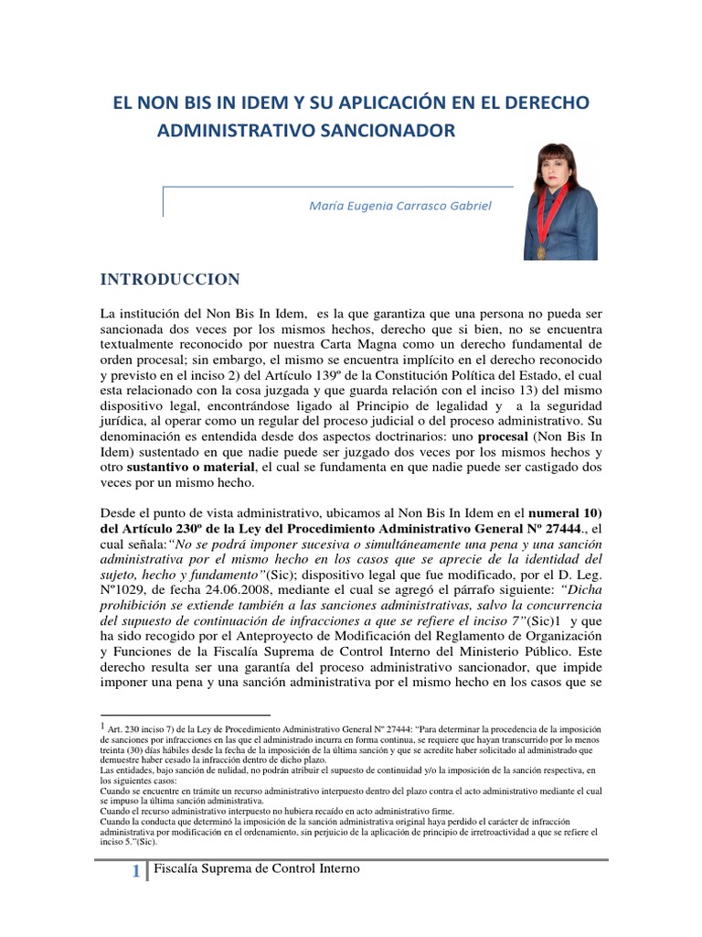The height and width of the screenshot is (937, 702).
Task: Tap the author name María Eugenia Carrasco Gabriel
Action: (401, 206)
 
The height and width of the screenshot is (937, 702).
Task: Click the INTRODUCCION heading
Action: (169, 279)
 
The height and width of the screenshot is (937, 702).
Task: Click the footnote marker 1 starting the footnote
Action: (102, 724)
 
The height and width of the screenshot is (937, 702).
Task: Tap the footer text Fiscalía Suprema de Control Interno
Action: (257, 868)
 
